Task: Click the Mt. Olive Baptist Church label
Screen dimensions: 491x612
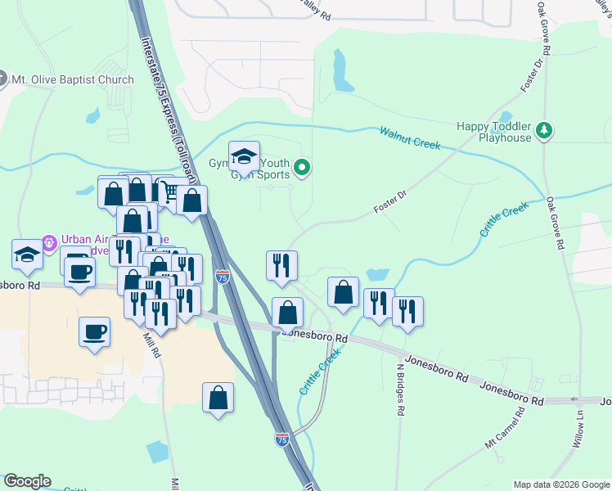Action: coord(72,80)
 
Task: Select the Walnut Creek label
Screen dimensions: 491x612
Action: coord(410,137)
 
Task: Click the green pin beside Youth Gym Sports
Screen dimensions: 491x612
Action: coord(302,169)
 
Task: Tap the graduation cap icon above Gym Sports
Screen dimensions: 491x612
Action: coord(244,155)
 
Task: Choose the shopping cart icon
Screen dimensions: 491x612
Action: coord(169,191)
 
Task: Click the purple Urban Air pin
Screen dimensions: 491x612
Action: coord(49,242)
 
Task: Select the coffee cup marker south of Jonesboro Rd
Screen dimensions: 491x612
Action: coord(95,331)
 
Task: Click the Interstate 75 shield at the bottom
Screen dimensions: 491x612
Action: coord(282,439)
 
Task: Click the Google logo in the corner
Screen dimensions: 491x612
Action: coord(28,481)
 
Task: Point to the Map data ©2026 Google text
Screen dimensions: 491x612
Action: coord(560,484)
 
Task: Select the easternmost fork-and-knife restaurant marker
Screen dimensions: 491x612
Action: coord(407,311)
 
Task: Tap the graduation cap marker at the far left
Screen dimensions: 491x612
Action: coord(27,254)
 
